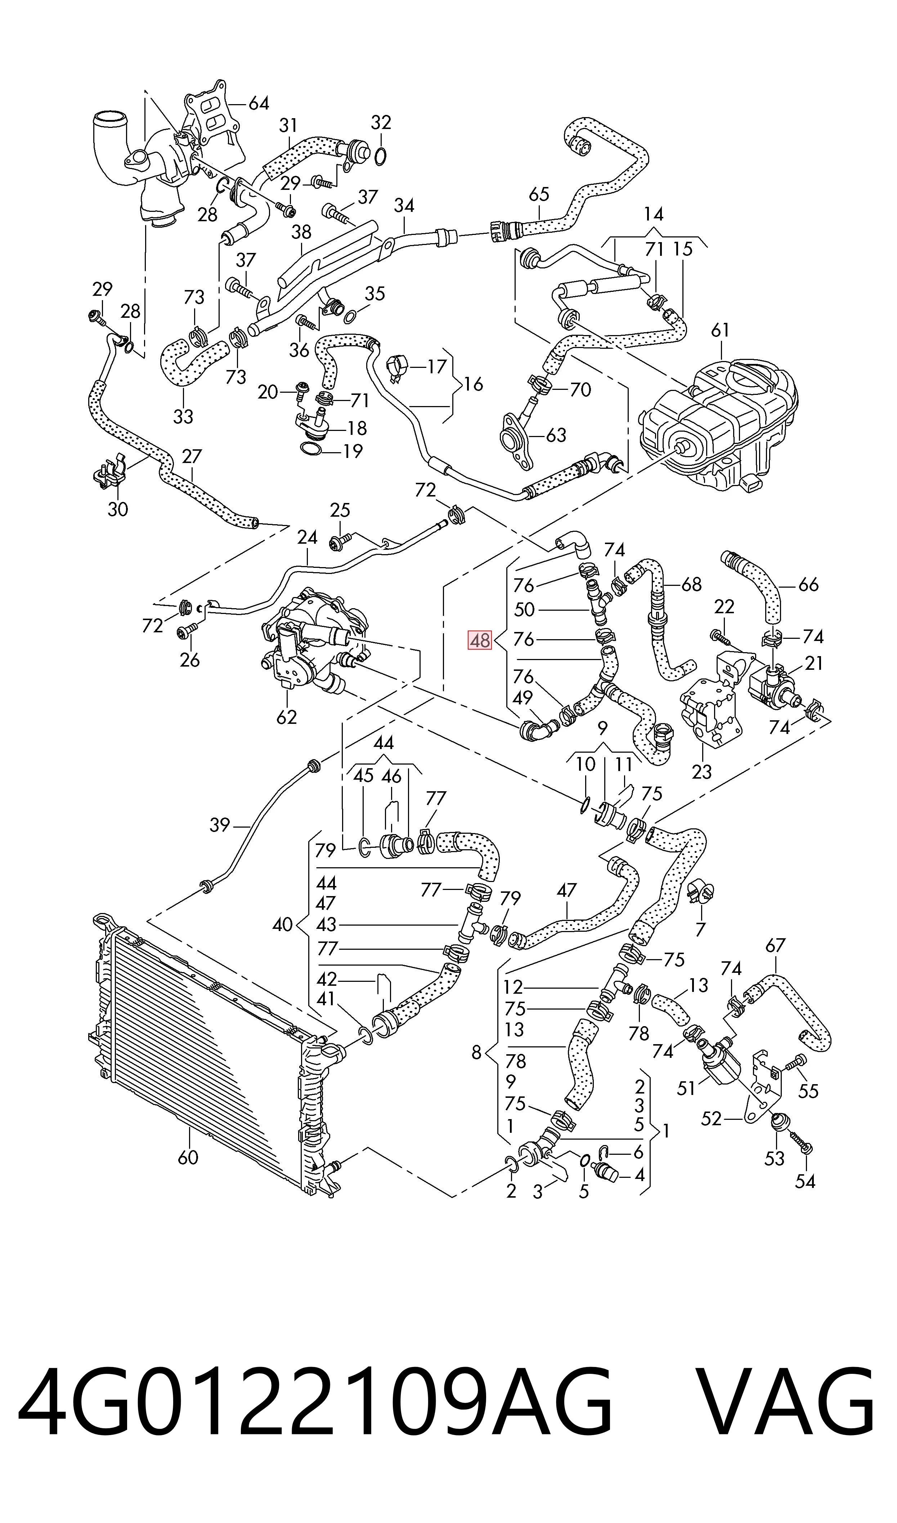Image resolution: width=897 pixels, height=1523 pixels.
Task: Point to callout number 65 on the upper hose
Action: click(x=539, y=194)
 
